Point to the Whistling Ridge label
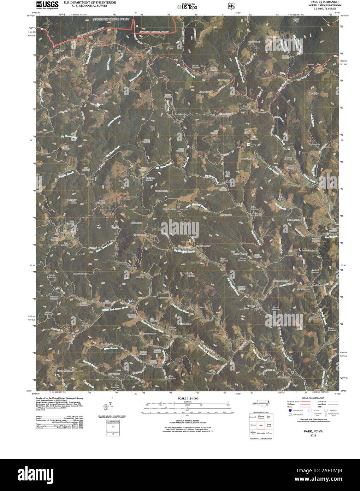click(x=72, y=201)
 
